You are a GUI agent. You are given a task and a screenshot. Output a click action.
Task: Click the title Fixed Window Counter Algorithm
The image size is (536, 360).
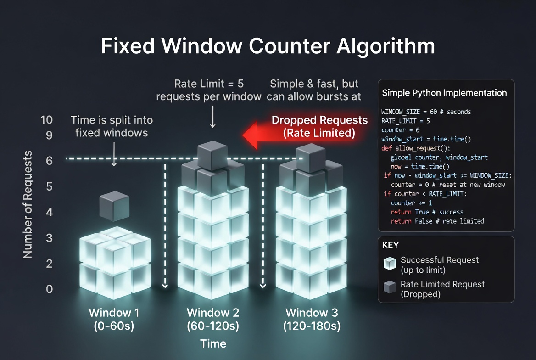268,47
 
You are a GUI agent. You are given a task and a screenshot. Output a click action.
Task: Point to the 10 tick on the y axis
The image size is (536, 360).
47,120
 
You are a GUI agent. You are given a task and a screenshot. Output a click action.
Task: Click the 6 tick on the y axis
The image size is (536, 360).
49,161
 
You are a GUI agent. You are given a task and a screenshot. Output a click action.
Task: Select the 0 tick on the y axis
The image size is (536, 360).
49,289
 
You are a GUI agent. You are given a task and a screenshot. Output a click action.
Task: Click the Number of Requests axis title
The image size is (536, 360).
28,204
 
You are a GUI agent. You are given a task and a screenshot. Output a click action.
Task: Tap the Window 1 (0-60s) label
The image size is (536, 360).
114,319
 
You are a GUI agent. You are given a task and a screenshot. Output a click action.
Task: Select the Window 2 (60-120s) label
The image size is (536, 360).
213,319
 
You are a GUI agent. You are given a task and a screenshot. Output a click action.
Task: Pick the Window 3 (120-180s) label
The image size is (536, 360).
312,319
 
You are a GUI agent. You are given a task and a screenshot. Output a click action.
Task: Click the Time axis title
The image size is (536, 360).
213,343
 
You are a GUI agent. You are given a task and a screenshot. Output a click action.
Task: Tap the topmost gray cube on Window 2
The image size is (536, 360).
212,155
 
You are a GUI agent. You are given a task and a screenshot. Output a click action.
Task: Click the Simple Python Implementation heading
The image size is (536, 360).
444,93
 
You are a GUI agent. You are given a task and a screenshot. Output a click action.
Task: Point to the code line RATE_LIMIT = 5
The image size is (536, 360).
406,121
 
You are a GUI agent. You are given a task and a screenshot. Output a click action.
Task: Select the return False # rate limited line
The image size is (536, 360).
437,221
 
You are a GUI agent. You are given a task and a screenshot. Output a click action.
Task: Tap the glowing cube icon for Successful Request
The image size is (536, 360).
390,264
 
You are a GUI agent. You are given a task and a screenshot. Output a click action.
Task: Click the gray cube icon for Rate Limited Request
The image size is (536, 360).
390,288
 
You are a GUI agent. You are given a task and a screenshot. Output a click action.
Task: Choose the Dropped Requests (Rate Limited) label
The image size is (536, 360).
319,126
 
